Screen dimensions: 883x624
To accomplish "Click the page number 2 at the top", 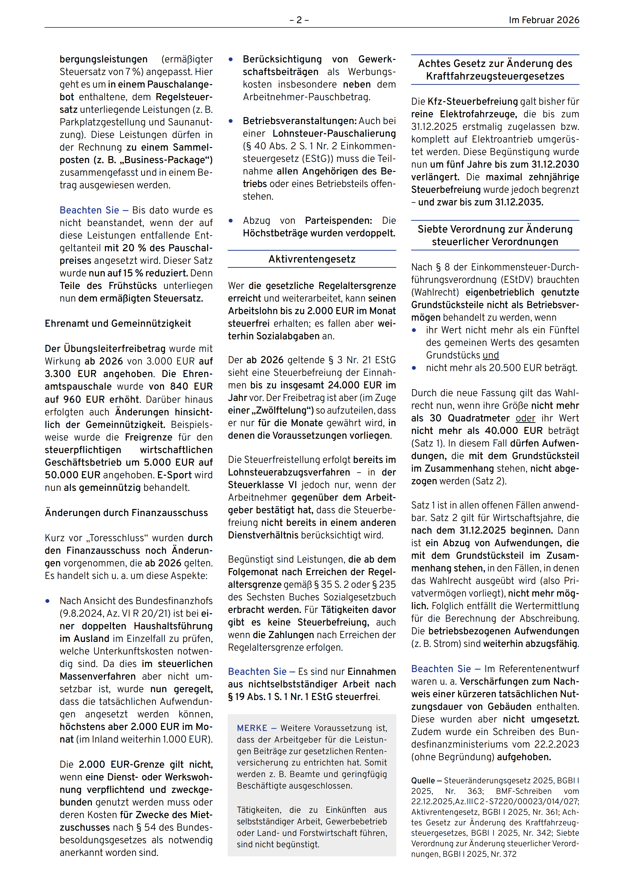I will [x=299, y=20].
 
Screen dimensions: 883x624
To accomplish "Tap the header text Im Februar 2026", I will [x=544, y=20].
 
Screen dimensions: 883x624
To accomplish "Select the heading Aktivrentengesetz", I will [x=312, y=259].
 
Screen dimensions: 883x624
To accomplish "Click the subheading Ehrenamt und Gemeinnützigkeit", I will [x=118, y=323].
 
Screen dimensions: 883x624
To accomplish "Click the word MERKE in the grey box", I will [x=252, y=728].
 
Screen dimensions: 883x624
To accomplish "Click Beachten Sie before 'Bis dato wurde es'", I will [x=89, y=210].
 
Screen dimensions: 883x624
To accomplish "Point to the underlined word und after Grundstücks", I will [x=491, y=355].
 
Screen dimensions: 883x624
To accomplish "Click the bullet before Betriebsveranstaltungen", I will [x=231, y=121].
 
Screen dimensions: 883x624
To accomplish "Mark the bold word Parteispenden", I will [x=338, y=221].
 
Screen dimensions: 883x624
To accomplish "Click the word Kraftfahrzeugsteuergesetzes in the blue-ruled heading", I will [x=495, y=76].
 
